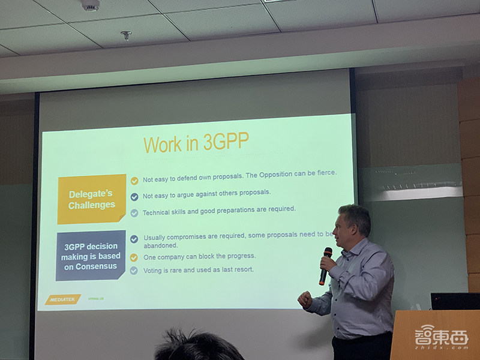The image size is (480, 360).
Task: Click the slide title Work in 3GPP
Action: coord(196,145)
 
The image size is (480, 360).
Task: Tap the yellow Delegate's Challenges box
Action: coord(92,199)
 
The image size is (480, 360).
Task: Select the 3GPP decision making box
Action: coord(91,256)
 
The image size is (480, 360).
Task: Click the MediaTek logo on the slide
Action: coord(62,299)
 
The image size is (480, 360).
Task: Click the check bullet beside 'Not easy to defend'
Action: coord(134,179)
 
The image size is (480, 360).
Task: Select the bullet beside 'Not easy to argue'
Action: coord(134,196)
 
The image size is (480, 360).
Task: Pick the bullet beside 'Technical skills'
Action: coord(134,212)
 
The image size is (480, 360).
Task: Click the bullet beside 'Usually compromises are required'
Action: coord(134,239)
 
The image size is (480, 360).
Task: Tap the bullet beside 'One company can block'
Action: coord(134,257)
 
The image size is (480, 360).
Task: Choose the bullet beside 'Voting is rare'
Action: coord(134,271)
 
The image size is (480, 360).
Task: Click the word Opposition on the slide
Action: coord(280,174)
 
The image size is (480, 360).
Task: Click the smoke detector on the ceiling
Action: coord(90,5)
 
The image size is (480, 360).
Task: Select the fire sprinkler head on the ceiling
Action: coord(126,35)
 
